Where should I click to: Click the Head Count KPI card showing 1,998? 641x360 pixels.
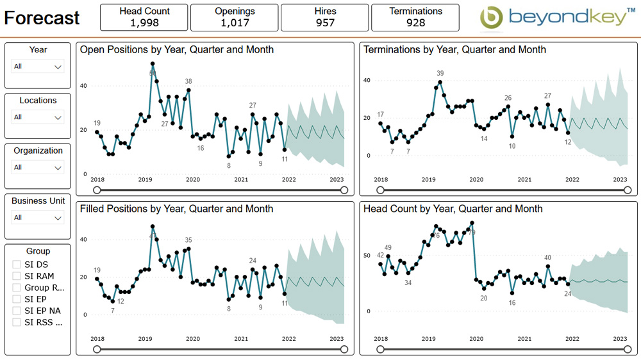[x=144, y=17]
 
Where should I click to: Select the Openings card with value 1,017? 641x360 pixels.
[x=234, y=17]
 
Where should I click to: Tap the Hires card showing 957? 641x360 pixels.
[x=325, y=17]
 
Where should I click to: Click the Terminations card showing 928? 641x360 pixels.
[x=415, y=17]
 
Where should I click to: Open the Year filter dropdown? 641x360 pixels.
[x=38, y=67]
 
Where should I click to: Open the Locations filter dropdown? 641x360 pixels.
[x=38, y=117]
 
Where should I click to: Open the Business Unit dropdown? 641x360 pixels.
[x=38, y=218]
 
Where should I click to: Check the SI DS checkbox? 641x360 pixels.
[x=17, y=265]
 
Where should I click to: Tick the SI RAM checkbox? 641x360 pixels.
[x=17, y=276]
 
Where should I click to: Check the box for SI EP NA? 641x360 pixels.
[x=17, y=311]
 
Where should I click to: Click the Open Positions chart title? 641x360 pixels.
[x=176, y=49]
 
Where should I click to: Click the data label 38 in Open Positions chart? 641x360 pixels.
[x=188, y=81]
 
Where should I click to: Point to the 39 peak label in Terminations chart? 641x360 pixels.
[x=440, y=73]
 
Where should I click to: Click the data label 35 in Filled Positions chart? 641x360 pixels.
[x=188, y=240]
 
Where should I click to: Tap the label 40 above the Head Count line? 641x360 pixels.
[x=547, y=258]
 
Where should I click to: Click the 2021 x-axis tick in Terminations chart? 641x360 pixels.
[x=524, y=180]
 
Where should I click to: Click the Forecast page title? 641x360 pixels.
[x=42, y=18]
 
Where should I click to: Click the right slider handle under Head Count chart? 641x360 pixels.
[x=628, y=350]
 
